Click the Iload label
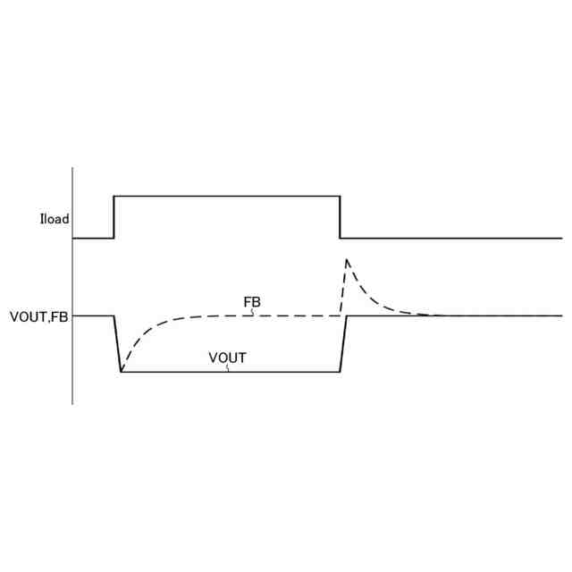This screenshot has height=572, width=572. (x=54, y=219)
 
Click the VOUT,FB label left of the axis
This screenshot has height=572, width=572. (x=38, y=315)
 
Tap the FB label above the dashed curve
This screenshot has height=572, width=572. (x=252, y=302)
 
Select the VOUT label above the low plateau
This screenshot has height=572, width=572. (x=227, y=358)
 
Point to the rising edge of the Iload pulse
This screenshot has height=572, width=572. (x=114, y=217)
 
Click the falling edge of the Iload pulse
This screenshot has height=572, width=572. (x=340, y=217)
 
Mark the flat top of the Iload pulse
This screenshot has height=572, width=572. (x=226, y=196)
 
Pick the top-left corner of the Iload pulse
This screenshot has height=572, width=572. (x=114, y=196)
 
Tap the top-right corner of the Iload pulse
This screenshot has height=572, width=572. (x=340, y=196)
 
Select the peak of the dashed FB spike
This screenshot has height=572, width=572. (x=347, y=259)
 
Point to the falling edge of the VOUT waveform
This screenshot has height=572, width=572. (x=117, y=343)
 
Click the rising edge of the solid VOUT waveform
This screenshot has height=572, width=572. (x=343, y=343)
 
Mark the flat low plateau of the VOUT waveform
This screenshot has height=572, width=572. (x=179, y=371)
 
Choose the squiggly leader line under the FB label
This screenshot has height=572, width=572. (x=253, y=312)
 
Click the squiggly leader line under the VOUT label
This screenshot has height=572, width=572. (x=228, y=367)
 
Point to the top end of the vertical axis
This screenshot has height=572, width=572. (x=72, y=168)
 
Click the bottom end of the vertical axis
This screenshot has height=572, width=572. (x=72, y=404)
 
